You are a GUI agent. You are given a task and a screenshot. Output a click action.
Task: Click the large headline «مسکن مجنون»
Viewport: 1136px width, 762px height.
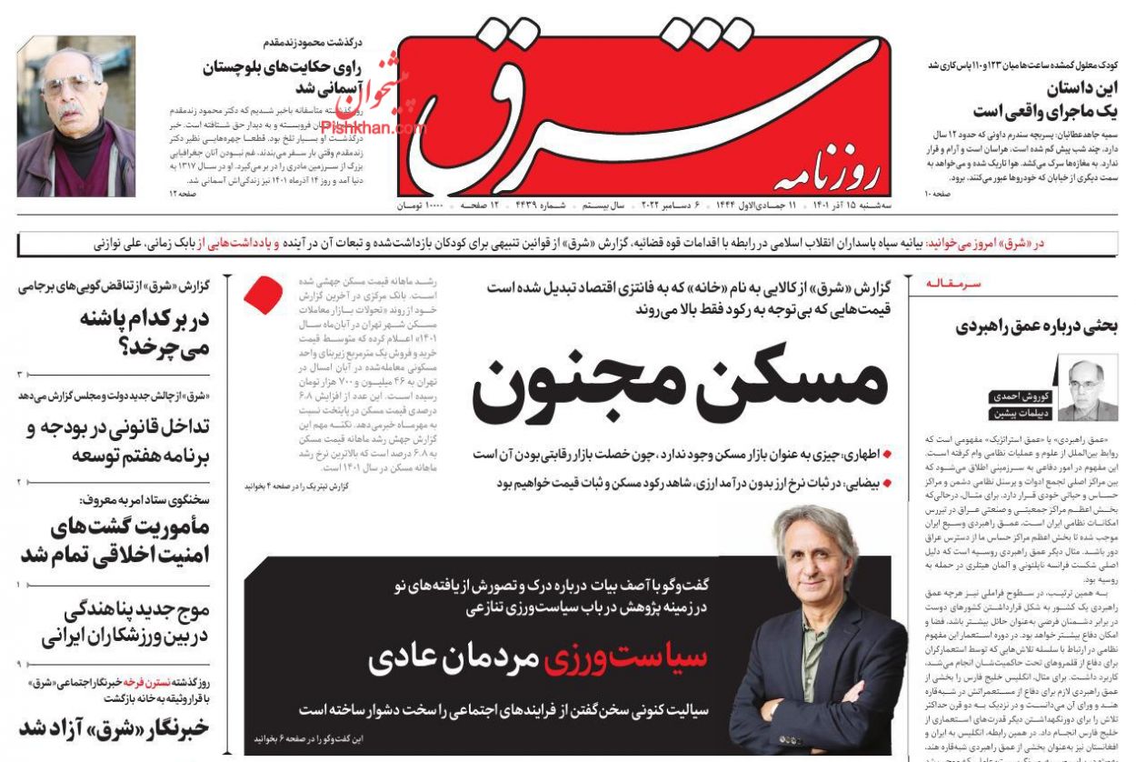[680, 382]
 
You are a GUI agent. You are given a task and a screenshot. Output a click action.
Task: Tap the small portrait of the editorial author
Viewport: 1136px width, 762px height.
[1088, 390]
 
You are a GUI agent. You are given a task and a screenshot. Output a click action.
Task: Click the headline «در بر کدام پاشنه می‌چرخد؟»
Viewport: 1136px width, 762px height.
[115, 331]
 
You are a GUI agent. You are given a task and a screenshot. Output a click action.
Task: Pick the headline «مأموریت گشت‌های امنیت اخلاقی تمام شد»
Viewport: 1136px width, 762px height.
[115, 540]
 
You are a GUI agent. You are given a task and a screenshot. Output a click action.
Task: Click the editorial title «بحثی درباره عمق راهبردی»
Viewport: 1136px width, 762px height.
[1036, 326]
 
